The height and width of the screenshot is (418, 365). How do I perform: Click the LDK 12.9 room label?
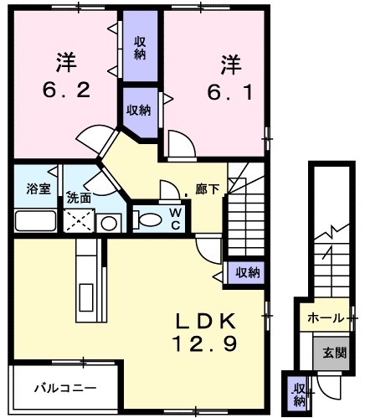pos(205,333)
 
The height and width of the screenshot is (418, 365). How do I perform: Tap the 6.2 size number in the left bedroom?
pos(66,90)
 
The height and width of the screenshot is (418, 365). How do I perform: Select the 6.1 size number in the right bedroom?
pos(230,92)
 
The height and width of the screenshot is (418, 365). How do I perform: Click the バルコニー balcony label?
pos(65,388)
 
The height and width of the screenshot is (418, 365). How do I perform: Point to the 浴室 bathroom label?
pos(39,189)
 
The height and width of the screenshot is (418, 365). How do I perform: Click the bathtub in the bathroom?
pos(35,221)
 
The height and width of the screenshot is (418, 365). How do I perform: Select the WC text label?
pos(176,219)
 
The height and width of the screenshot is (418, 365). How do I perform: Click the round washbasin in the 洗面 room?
pos(109,223)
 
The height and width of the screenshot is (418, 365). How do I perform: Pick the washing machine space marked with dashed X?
pos(79,221)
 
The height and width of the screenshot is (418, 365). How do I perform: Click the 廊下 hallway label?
pos(207,189)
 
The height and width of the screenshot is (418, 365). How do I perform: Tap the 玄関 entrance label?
pos(335,353)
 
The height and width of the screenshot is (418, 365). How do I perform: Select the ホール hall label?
pos(325,318)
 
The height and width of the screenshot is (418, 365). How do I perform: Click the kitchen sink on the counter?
pos(86,297)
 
